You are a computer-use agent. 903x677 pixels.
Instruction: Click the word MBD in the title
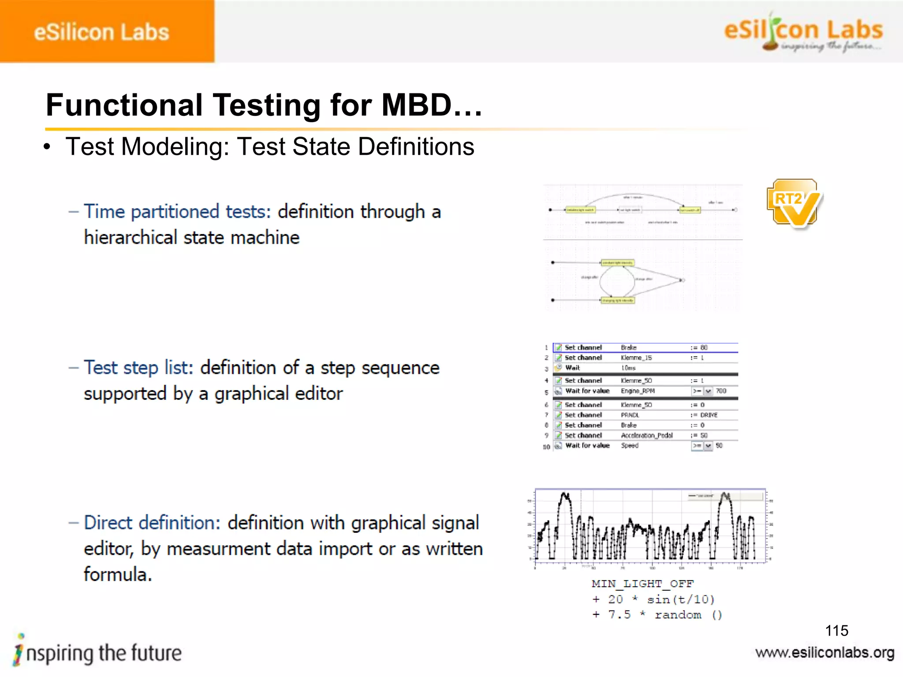point(417,106)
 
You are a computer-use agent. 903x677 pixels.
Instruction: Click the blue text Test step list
point(138,368)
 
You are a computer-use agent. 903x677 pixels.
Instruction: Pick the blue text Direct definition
point(152,523)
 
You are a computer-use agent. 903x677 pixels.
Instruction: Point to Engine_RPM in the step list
point(638,391)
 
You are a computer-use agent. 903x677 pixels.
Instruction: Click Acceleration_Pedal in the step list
point(646,435)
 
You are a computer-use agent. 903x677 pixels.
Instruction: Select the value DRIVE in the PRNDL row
point(709,415)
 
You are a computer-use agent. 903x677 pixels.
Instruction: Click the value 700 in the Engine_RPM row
point(721,391)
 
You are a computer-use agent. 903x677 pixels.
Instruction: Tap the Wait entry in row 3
point(572,368)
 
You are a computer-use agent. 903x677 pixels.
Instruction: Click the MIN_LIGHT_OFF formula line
point(642,584)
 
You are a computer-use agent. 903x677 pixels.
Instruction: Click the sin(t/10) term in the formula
point(680,599)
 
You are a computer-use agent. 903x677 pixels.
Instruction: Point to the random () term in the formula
point(688,615)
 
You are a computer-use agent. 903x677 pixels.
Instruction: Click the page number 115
point(836,631)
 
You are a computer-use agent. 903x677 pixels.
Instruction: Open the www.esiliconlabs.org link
point(825,653)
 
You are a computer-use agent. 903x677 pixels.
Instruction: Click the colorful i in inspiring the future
point(19,651)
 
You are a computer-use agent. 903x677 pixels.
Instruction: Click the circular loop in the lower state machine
point(617,281)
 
